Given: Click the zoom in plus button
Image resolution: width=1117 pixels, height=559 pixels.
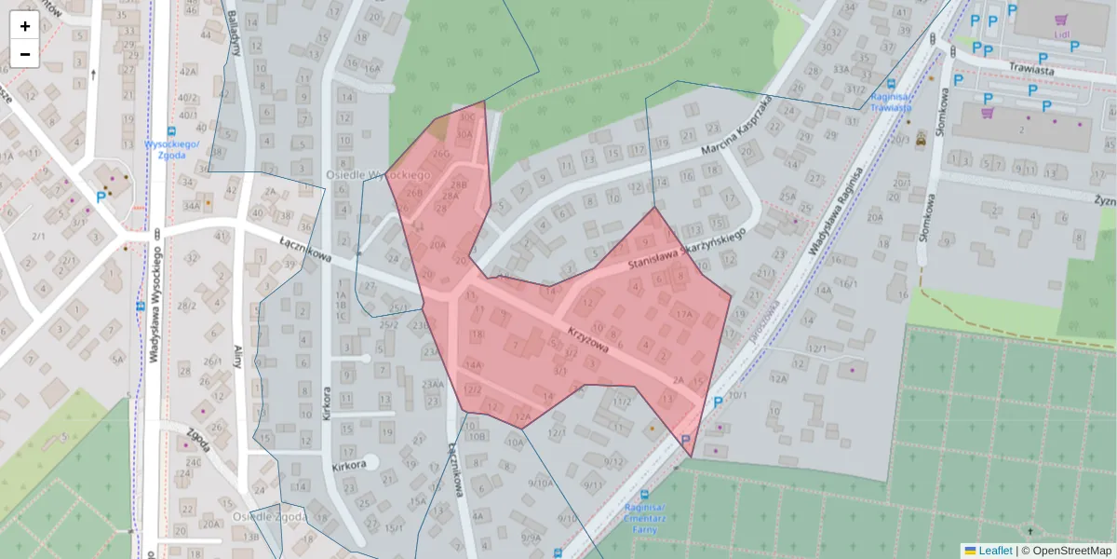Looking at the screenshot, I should coord(25,26).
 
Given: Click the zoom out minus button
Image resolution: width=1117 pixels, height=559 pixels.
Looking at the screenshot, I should coord(25,54).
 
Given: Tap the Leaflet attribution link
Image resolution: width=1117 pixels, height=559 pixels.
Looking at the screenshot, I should coord(995,551).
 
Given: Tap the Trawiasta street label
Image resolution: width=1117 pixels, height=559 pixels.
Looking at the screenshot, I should coord(1031,69).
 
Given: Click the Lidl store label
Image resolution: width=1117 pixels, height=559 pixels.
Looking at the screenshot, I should coord(1061,34).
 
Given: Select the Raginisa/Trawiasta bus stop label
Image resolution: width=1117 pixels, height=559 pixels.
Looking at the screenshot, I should coord(891,101).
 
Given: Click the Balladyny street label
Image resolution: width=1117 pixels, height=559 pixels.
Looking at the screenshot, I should coord(235,33).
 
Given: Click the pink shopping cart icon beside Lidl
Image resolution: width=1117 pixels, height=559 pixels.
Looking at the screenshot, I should coord(1060,19).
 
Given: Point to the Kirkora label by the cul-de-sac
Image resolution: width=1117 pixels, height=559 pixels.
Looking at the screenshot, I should coord(349,463).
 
